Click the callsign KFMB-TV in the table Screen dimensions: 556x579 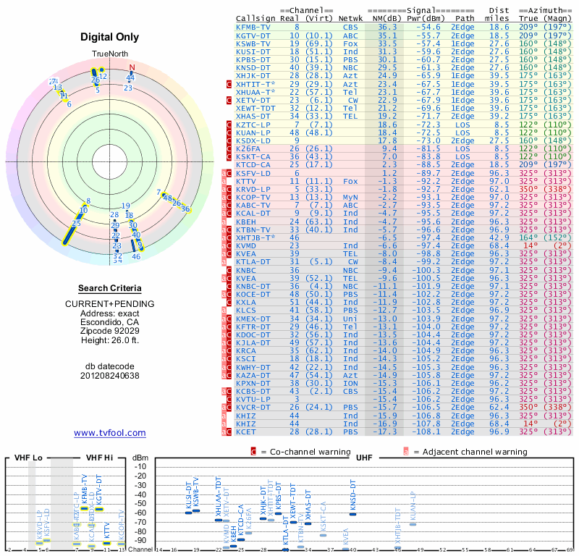pos(253,26)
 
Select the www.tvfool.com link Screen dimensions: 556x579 pos(110,433)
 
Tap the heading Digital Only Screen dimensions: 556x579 pos(110,38)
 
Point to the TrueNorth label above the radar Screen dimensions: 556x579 pos(110,54)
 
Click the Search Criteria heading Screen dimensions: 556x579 pos(110,288)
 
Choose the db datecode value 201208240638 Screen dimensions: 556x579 pos(110,376)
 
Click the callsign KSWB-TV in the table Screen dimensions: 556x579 pos(253,43)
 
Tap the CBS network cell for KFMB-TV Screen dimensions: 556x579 pos(350,26)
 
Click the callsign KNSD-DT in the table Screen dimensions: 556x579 pos(253,67)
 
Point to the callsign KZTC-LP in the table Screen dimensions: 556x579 pos(253,125)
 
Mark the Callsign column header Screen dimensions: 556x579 pos(256,17)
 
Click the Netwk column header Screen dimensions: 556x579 pos(351,17)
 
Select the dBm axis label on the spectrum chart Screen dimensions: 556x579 pos(140,458)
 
